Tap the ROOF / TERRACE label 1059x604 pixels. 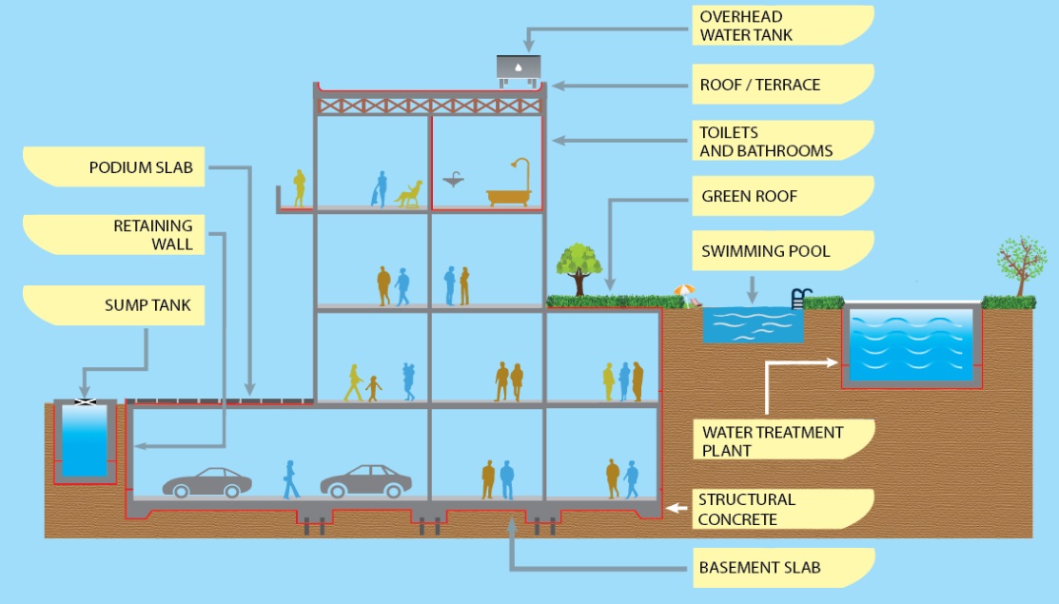pos(759,85)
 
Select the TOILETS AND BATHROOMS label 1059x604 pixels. pos(765,141)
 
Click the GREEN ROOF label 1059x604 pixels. pos(749,197)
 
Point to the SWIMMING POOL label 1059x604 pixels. pos(765,251)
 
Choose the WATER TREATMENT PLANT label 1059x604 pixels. pos(772,440)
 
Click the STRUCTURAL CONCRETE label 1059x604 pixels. pos(746,509)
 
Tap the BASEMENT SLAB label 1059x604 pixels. pos(758,568)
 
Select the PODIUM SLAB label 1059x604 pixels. pos(142,167)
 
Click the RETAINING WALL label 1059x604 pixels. pos(153,235)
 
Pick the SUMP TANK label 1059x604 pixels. pos(147,306)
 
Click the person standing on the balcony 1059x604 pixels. pos(299,188)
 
